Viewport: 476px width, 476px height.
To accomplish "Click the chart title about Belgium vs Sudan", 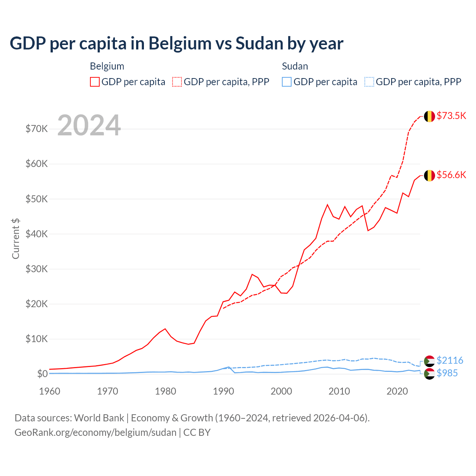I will pyautogui.click(x=177, y=44).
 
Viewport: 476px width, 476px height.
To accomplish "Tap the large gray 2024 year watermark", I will pyautogui.click(x=89, y=125).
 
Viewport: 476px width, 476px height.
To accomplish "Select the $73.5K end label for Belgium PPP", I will pyautogui.click(x=451, y=116).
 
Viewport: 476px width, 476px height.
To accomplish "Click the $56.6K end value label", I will pyautogui.click(x=451, y=175).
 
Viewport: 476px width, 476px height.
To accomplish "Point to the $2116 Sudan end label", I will pyautogui.click(x=450, y=360).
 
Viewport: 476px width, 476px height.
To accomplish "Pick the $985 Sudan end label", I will pyautogui.click(x=447, y=373).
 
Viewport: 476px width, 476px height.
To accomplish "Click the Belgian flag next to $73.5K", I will pyautogui.click(x=430, y=116).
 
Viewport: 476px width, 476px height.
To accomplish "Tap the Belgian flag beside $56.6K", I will pyautogui.click(x=430, y=175).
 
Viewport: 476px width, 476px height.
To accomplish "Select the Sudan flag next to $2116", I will pyautogui.click(x=430, y=361).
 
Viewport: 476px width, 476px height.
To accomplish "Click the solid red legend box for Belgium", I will pyautogui.click(x=95, y=82).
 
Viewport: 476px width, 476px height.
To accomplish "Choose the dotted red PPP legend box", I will pyautogui.click(x=177, y=82).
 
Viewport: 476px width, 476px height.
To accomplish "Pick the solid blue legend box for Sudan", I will pyautogui.click(x=287, y=82).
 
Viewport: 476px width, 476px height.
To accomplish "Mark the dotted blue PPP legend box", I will pyautogui.click(x=369, y=82).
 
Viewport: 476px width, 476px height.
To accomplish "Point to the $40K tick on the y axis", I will pyautogui.click(x=36, y=234).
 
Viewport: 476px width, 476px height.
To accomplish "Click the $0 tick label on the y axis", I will pyautogui.click(x=42, y=374).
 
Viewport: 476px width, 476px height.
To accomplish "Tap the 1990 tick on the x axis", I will pyautogui.click(x=223, y=391).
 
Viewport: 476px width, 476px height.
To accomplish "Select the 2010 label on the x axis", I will pyautogui.click(x=339, y=391).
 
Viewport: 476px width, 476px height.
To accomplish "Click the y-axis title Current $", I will pyautogui.click(x=16, y=238).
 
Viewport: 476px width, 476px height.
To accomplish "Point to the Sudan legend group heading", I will pyautogui.click(x=295, y=66).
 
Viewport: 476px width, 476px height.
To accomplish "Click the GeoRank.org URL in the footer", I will pyautogui.click(x=96, y=432).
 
